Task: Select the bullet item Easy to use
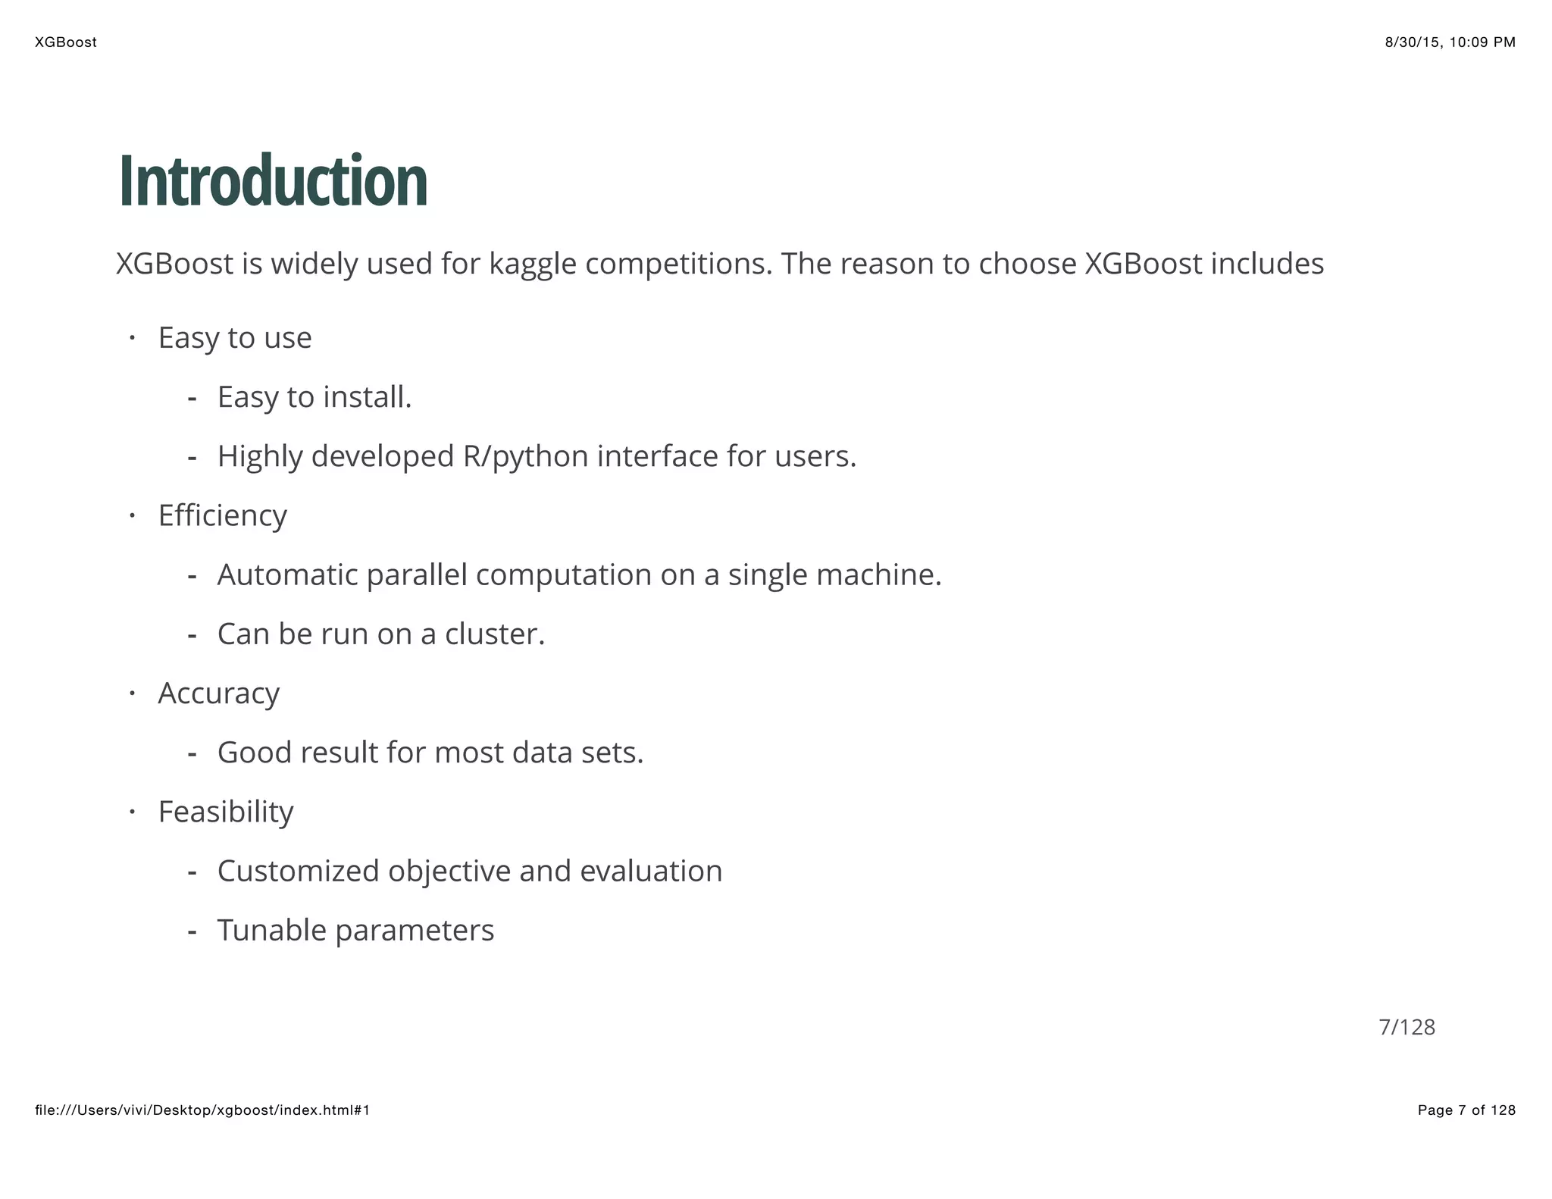click(x=235, y=338)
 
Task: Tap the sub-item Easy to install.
click(x=314, y=397)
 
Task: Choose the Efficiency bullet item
click(x=222, y=516)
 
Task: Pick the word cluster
click(x=494, y=634)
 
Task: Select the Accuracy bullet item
click(x=218, y=693)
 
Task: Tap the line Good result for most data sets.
click(x=430, y=753)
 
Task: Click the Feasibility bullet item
click(x=225, y=812)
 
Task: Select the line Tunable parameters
click(x=355, y=931)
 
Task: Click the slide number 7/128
click(x=1406, y=1027)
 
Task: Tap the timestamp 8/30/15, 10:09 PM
click(x=1450, y=42)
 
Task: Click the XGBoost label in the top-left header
click(x=66, y=42)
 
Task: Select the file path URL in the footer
click(x=202, y=1110)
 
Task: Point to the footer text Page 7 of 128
click(x=1466, y=1110)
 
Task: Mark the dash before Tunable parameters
click(x=192, y=931)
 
